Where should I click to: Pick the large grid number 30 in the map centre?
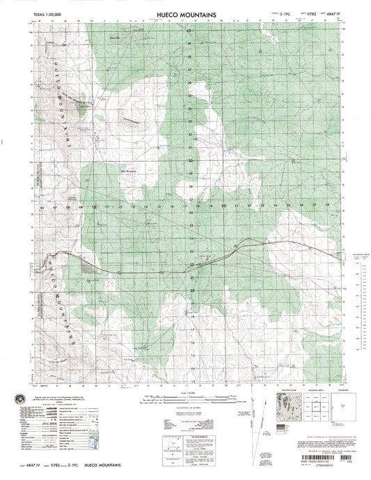click(x=191, y=161)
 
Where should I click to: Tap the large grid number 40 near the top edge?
click(x=188, y=31)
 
